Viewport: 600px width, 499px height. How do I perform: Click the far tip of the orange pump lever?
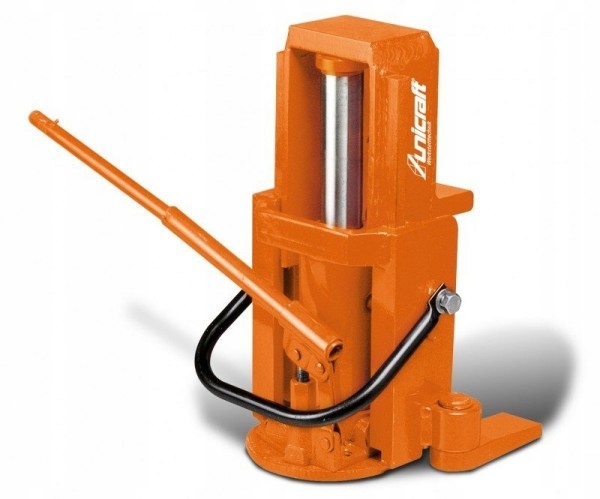click(36, 118)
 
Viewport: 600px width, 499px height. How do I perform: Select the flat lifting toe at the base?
click(500, 431)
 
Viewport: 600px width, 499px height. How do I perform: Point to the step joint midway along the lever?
click(169, 213)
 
